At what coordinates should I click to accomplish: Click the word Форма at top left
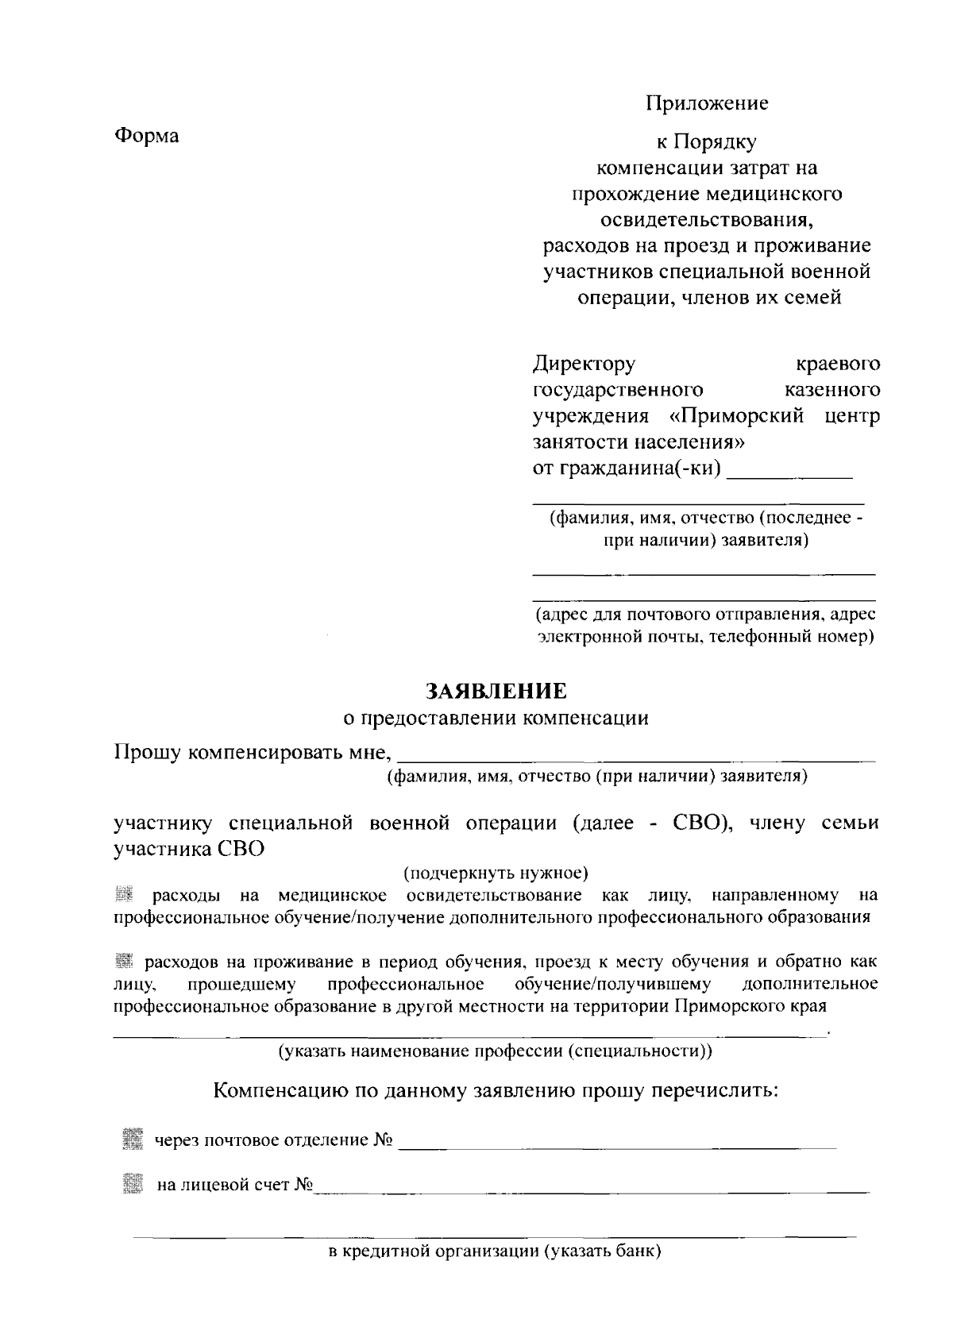coord(147,136)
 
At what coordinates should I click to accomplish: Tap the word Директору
coord(584,364)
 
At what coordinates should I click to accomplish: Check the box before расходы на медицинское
coord(122,895)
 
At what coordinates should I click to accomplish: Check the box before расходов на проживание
coord(122,962)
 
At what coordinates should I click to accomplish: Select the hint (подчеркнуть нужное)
coord(496,873)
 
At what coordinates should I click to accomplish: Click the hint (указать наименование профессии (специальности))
coord(495,1051)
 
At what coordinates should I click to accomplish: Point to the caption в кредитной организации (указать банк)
coord(495,1252)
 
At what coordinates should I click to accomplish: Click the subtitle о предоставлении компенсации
coord(496,719)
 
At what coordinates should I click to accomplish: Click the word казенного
coord(831,390)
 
